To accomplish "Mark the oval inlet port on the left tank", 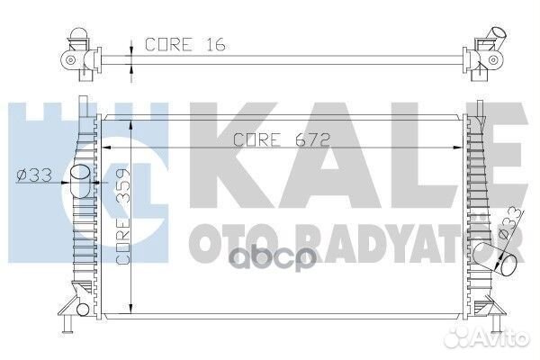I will coord(79,173).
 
